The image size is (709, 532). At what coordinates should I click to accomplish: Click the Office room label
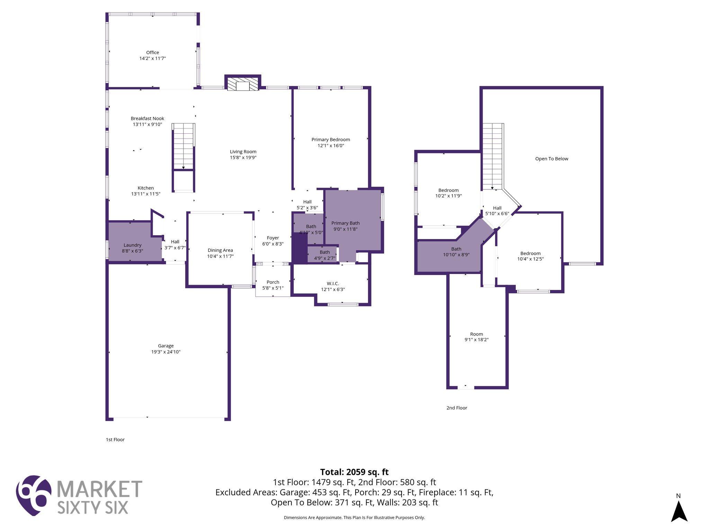tap(152, 53)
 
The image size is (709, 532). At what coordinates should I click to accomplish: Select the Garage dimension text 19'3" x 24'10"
tap(166, 352)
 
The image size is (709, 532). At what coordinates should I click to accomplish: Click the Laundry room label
tap(132, 245)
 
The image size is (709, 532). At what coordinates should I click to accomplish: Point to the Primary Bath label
tap(345, 223)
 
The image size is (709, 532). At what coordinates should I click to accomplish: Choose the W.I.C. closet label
tap(333, 283)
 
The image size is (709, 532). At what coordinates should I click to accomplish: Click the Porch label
tap(273, 282)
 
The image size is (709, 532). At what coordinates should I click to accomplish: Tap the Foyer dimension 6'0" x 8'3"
tap(273, 244)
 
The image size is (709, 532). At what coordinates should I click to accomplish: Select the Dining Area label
tap(220, 250)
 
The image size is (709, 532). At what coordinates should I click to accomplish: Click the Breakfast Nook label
tap(147, 118)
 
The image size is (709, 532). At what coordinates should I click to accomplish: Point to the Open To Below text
tap(551, 159)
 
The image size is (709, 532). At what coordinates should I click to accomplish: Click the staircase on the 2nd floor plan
tap(492, 156)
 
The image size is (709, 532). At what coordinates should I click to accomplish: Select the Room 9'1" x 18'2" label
tap(476, 337)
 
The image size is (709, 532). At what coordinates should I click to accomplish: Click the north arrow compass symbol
tap(679, 511)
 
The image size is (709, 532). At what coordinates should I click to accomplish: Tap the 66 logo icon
tap(34, 495)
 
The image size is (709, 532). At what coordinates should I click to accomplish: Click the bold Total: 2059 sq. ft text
tap(354, 472)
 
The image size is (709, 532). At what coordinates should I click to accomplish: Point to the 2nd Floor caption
tap(457, 408)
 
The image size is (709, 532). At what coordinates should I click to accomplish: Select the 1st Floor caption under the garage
tap(115, 440)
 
